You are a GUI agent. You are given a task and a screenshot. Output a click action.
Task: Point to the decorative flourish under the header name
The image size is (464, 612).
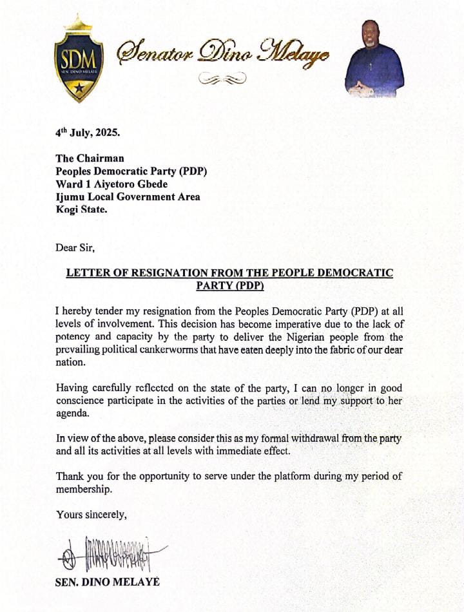[x=222, y=79]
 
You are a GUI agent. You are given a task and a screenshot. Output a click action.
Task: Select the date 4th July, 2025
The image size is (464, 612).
[x=87, y=133]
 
